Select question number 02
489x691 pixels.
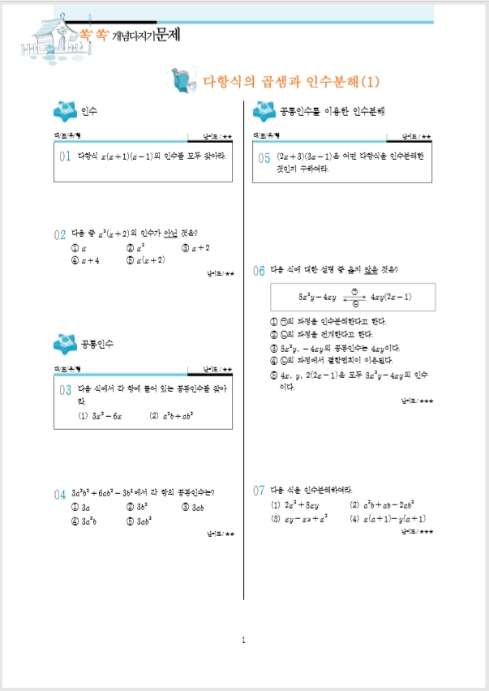tap(60, 235)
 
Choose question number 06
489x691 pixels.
tap(260, 271)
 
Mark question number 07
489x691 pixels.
tap(260, 491)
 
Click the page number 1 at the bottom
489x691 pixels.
tap(243, 642)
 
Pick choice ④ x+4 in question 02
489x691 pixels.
tap(85, 260)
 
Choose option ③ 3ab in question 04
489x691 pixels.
tap(194, 507)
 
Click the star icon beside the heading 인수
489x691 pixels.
tap(63, 110)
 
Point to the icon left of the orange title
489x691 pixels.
tap(182, 80)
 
